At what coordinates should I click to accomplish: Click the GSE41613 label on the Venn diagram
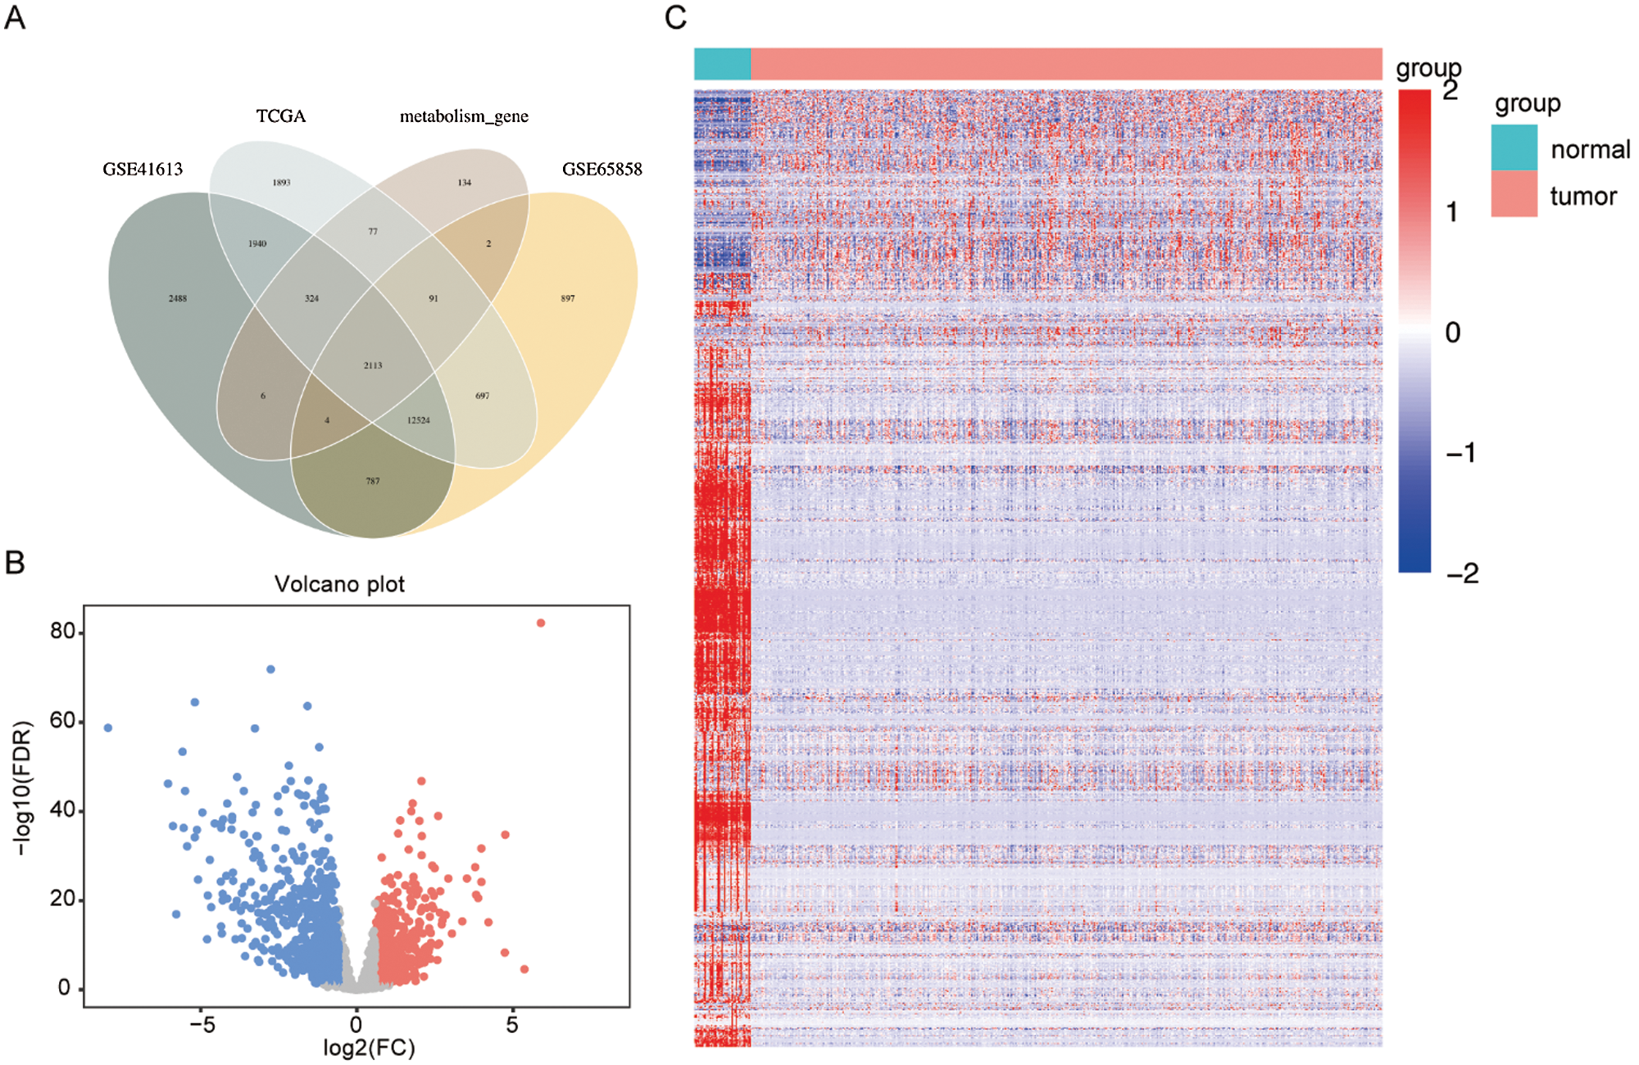click(143, 170)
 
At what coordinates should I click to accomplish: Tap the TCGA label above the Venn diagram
click(281, 116)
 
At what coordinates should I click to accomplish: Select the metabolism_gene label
click(464, 116)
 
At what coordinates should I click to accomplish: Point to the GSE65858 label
click(602, 170)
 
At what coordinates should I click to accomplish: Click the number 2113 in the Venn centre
click(373, 365)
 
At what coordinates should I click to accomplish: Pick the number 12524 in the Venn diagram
click(418, 420)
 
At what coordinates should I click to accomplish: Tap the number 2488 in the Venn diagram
click(178, 299)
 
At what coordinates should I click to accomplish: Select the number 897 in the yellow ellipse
click(568, 299)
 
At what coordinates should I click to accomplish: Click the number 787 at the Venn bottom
click(373, 482)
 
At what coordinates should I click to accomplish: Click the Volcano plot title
click(339, 584)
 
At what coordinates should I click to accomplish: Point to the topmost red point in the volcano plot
click(541, 623)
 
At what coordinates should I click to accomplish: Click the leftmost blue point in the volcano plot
click(108, 727)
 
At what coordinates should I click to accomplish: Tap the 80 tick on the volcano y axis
click(62, 632)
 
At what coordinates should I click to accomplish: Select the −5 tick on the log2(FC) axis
click(202, 1025)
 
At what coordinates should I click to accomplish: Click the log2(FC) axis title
click(369, 1049)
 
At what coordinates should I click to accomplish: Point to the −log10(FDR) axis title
click(23, 788)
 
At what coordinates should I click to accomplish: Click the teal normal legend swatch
click(1514, 147)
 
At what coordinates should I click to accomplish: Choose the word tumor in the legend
click(1582, 197)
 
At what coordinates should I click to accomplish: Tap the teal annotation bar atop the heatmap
click(722, 64)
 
